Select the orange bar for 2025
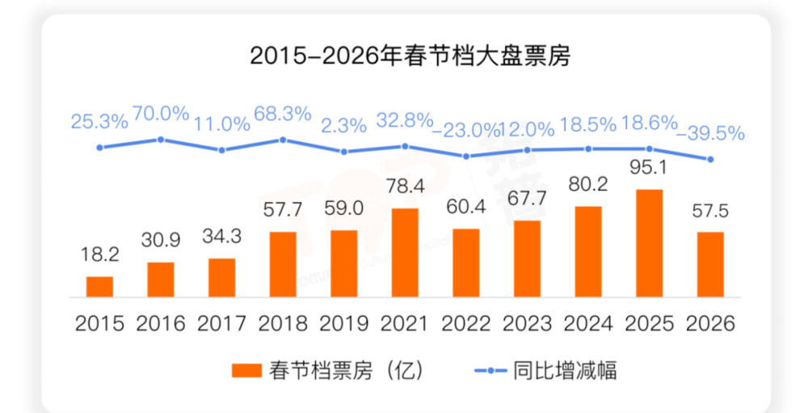(649, 242)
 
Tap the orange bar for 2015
(99, 287)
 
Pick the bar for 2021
(405, 252)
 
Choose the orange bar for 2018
(283, 264)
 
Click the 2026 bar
(710, 264)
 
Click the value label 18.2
(100, 255)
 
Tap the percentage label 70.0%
(161, 113)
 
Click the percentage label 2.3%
(343, 124)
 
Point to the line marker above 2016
(161, 139)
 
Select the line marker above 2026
(710, 159)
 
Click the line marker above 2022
(466, 156)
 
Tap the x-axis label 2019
(343, 324)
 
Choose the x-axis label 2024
(588, 324)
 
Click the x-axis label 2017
(221, 324)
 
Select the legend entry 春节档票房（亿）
(326, 370)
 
